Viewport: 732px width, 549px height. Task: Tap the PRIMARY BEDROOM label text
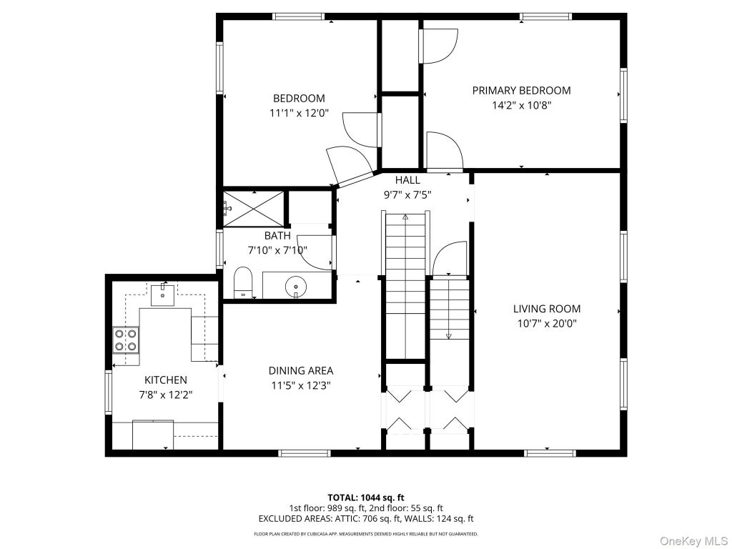[x=521, y=91]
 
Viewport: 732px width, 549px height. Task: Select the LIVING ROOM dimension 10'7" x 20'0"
[x=547, y=324]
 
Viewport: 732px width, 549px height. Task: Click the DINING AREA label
[x=301, y=371]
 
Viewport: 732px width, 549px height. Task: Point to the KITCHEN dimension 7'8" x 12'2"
[x=166, y=395]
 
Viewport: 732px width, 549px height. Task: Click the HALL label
[x=407, y=179]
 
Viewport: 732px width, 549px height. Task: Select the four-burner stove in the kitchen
[x=126, y=340]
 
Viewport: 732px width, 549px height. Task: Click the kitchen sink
[x=162, y=294]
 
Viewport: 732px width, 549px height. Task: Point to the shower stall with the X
[x=254, y=208]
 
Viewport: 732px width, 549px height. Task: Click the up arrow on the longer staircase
[x=405, y=217]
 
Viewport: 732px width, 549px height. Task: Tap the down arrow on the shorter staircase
[x=449, y=335]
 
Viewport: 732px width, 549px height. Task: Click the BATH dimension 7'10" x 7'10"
[x=277, y=251]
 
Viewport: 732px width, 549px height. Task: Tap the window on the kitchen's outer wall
[x=109, y=391]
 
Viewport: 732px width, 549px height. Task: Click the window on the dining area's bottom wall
[x=305, y=452]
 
